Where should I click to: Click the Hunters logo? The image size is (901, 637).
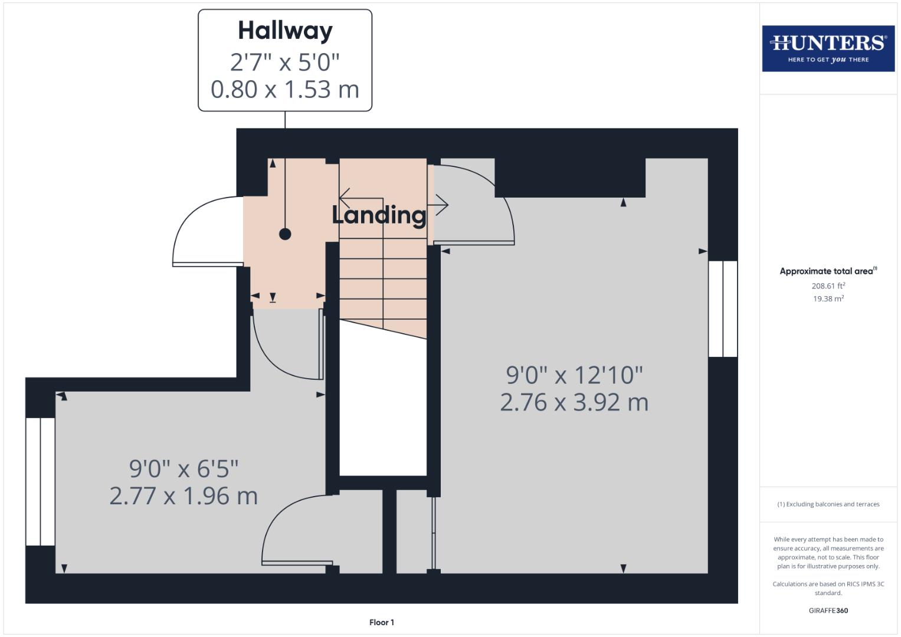pyautogui.click(x=828, y=48)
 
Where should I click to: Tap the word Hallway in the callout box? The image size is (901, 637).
pyautogui.click(x=285, y=31)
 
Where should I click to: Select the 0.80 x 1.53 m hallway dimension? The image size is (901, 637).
pyautogui.click(x=285, y=90)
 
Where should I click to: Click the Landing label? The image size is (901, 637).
pyautogui.click(x=379, y=215)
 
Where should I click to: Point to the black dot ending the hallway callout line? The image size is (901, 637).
pyautogui.click(x=285, y=234)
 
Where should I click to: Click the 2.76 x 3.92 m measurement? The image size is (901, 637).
pyautogui.click(x=574, y=402)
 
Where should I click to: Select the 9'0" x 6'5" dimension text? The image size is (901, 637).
pyautogui.click(x=184, y=469)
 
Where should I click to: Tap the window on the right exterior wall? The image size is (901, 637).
pyautogui.click(x=723, y=308)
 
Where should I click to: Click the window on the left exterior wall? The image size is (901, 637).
pyautogui.click(x=40, y=481)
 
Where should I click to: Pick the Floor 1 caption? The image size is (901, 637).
pyautogui.click(x=382, y=622)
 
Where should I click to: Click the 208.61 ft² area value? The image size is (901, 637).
pyautogui.click(x=828, y=286)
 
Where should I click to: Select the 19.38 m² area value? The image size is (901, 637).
pyautogui.click(x=828, y=298)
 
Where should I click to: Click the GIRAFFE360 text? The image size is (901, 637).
pyautogui.click(x=828, y=610)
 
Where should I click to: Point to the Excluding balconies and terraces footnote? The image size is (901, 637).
pyautogui.click(x=828, y=504)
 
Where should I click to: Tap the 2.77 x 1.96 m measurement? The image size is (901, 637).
pyautogui.click(x=184, y=496)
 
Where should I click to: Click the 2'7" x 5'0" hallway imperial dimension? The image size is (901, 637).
pyautogui.click(x=285, y=61)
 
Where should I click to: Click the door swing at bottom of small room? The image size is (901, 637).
pyautogui.click(x=292, y=531)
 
